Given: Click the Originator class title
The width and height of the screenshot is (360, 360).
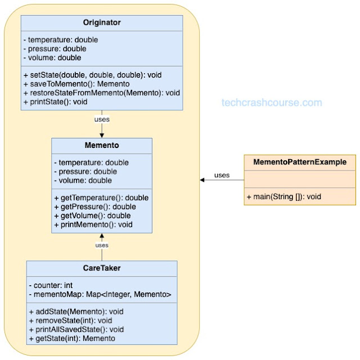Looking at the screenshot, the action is click(x=102, y=22).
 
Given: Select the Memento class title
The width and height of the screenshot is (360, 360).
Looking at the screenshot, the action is click(x=102, y=145).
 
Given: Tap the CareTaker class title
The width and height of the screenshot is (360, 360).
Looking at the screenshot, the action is click(x=102, y=268).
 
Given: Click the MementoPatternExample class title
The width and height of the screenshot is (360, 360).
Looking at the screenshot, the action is click(x=300, y=162).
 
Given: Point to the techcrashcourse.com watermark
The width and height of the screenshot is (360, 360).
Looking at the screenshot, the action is click(x=272, y=102).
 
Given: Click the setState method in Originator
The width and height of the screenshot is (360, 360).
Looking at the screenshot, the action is click(x=92, y=75).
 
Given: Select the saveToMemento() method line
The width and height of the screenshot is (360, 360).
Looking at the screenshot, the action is click(x=76, y=84).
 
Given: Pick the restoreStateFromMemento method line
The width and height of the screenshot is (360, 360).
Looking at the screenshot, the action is click(x=102, y=93).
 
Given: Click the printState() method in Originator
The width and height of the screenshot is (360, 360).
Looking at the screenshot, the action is click(x=55, y=102).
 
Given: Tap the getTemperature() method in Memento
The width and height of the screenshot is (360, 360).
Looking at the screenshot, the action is click(x=101, y=197).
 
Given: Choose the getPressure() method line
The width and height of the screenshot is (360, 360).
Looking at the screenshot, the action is click(x=95, y=206).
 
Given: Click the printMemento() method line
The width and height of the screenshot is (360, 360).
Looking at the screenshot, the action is click(x=93, y=224).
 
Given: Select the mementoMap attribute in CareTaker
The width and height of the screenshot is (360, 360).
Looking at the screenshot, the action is click(x=100, y=294).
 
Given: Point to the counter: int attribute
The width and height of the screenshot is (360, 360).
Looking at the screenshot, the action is click(x=51, y=285).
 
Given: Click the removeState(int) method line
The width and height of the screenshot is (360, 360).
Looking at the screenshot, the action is click(x=71, y=321).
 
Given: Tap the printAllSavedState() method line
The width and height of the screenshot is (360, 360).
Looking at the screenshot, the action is click(x=76, y=330).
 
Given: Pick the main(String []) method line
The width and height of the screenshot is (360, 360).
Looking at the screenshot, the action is click(x=284, y=197).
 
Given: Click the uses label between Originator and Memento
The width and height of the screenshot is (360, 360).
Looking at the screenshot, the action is click(x=102, y=119).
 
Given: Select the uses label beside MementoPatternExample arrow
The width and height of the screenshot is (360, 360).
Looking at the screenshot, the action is click(x=222, y=175).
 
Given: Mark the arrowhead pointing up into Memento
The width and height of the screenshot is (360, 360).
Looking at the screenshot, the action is click(x=102, y=236).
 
